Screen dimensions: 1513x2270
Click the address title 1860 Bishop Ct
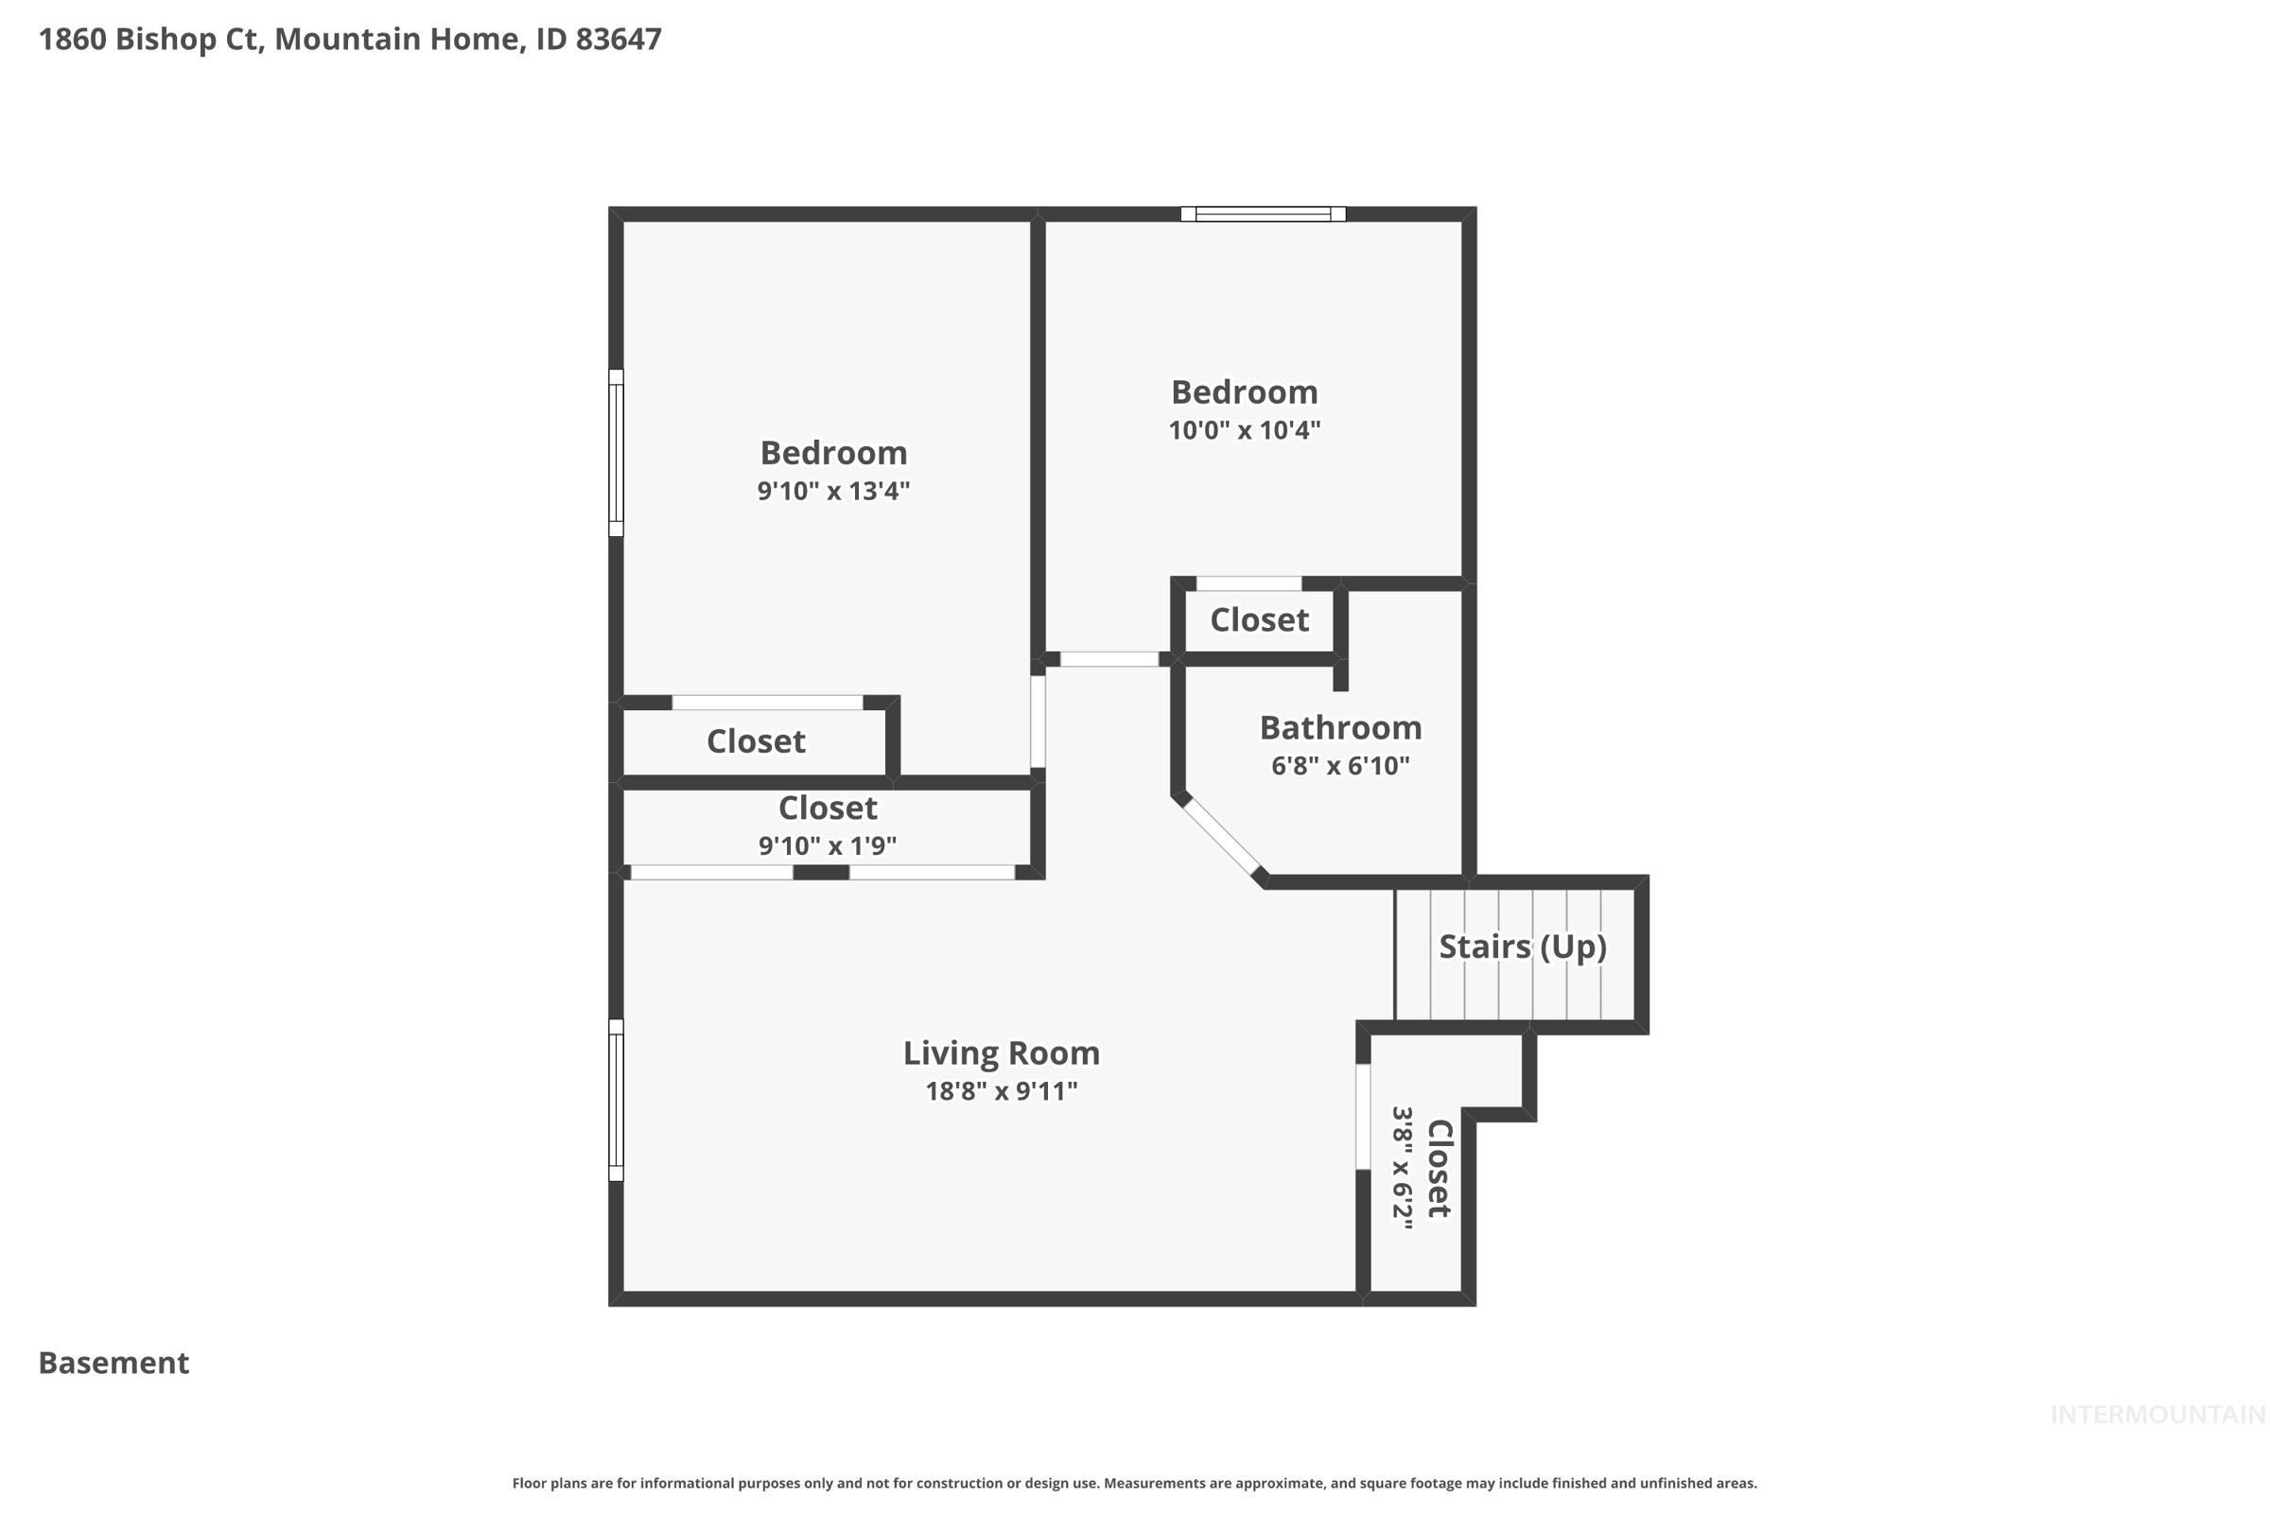click(349, 40)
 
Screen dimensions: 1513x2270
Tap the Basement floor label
click(113, 1363)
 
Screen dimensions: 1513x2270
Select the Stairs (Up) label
click(1522, 947)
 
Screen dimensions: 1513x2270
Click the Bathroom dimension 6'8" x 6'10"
click(1339, 766)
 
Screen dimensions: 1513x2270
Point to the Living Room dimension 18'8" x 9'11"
click(1001, 1091)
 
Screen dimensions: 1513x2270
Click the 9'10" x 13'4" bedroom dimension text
click(833, 491)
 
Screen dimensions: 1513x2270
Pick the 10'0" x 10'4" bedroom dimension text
click(1244, 430)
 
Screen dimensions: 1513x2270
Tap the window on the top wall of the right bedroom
click(1263, 215)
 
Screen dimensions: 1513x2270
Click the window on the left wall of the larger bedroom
click(616, 453)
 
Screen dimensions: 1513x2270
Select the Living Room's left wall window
click(616, 1100)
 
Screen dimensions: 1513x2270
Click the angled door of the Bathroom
click(1221, 836)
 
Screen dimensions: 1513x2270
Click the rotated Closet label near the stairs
click(1438, 1169)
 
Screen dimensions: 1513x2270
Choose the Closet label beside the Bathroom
click(1259, 619)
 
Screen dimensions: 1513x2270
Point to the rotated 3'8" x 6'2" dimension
click(1402, 1169)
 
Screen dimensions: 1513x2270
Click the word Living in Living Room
click(941, 1052)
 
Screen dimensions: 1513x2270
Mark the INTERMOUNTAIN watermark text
click(2156, 1415)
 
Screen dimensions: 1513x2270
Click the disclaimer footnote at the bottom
click(1134, 1483)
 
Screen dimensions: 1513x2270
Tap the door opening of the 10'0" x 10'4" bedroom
click(1109, 659)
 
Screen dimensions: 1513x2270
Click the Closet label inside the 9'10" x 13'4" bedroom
click(755, 741)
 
